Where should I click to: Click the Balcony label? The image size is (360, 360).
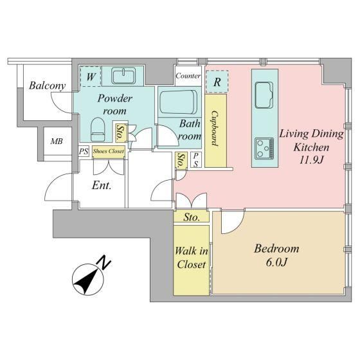click(48, 86)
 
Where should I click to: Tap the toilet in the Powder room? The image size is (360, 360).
click(98, 129)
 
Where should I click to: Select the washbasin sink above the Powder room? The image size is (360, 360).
click(123, 75)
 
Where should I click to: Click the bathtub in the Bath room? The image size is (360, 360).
click(179, 102)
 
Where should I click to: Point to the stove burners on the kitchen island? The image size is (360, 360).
click(264, 148)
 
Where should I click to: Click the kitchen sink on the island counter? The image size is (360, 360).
click(264, 95)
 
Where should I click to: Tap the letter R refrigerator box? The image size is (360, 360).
click(217, 82)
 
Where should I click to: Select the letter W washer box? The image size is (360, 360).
click(91, 76)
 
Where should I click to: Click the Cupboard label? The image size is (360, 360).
click(215, 129)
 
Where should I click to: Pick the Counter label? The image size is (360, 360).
click(188, 76)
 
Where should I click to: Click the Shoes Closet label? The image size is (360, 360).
click(109, 151)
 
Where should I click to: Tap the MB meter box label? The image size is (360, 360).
click(57, 141)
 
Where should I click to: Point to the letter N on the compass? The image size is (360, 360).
click(104, 262)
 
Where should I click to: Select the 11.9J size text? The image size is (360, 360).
click(311, 160)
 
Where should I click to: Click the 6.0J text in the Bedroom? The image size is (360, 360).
click(276, 262)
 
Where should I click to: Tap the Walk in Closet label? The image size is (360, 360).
click(192, 258)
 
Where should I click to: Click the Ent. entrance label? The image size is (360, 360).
click(102, 185)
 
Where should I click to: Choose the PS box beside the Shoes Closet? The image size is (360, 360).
click(84, 152)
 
